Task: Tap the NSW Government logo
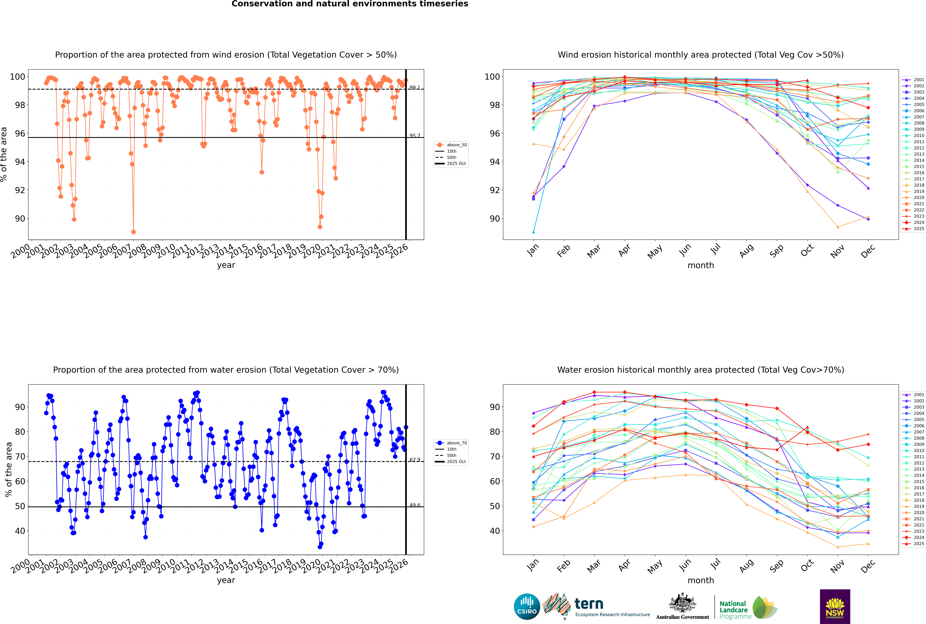point(835,606)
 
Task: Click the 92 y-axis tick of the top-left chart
point(20,190)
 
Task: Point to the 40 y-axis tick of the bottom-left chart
point(20,531)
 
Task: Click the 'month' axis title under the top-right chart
point(701,265)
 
